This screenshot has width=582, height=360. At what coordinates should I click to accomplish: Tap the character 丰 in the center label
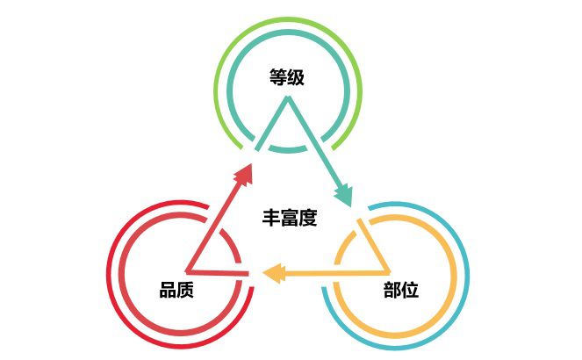[271, 218]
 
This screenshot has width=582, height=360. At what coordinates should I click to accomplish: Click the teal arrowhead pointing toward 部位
[343, 195]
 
